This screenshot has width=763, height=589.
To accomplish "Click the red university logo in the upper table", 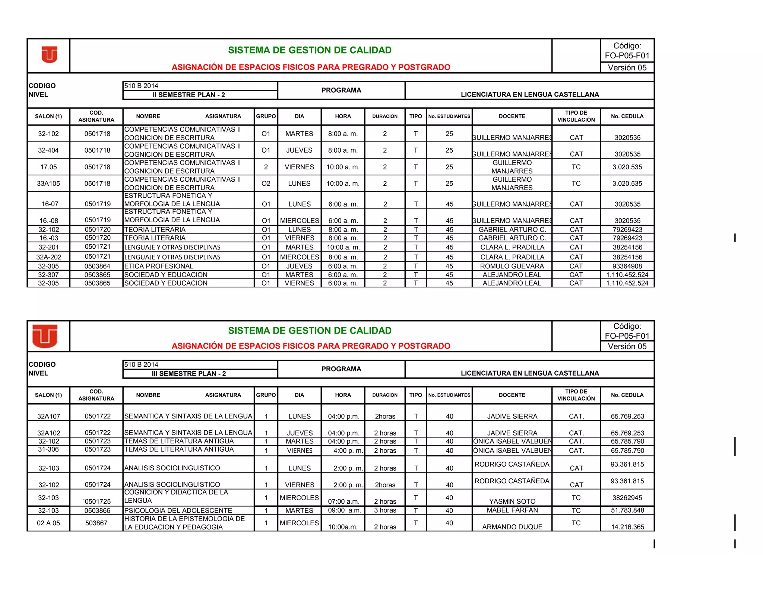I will [49, 55].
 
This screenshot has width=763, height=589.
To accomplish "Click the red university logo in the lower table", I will [45, 336].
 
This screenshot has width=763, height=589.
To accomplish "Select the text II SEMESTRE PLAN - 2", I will [189, 95].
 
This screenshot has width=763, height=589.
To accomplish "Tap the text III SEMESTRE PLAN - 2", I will [189, 373].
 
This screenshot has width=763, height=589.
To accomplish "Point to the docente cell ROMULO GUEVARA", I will [512, 266].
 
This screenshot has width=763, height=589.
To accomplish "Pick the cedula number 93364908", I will [627, 266].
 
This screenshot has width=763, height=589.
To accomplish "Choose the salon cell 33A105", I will [48, 184].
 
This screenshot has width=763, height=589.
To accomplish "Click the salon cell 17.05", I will [48, 167].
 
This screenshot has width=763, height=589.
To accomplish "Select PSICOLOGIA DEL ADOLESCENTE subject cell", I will [178, 510].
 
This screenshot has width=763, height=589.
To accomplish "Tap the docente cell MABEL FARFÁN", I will [512, 510].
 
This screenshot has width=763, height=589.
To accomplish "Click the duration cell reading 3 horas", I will [385, 510].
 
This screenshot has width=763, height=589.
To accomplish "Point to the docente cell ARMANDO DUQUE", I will [512, 527].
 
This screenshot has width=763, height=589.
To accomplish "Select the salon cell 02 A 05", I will [48, 523].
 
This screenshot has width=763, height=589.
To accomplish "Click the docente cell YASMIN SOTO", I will [512, 502].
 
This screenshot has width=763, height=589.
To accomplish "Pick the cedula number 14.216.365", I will [627, 527].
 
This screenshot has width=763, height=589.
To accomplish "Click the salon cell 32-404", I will [48, 150].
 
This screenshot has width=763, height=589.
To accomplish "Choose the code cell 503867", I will [96, 523].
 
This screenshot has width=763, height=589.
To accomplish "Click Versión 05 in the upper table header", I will [627, 68].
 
